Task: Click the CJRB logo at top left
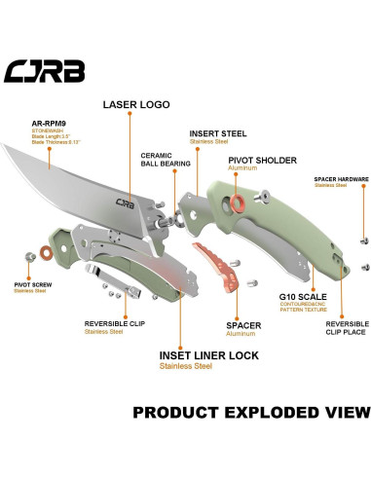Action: point(45,70)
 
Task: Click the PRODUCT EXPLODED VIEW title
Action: point(251,413)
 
